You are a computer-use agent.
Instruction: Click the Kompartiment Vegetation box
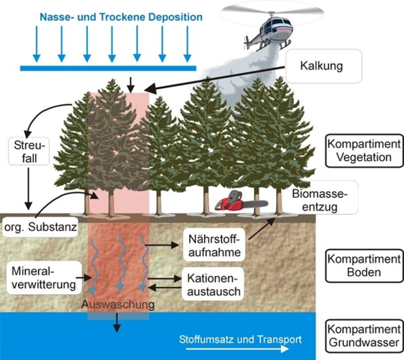pyautogui.click(x=364, y=149)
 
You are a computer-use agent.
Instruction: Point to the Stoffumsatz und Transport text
pyautogui.click(x=240, y=339)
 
